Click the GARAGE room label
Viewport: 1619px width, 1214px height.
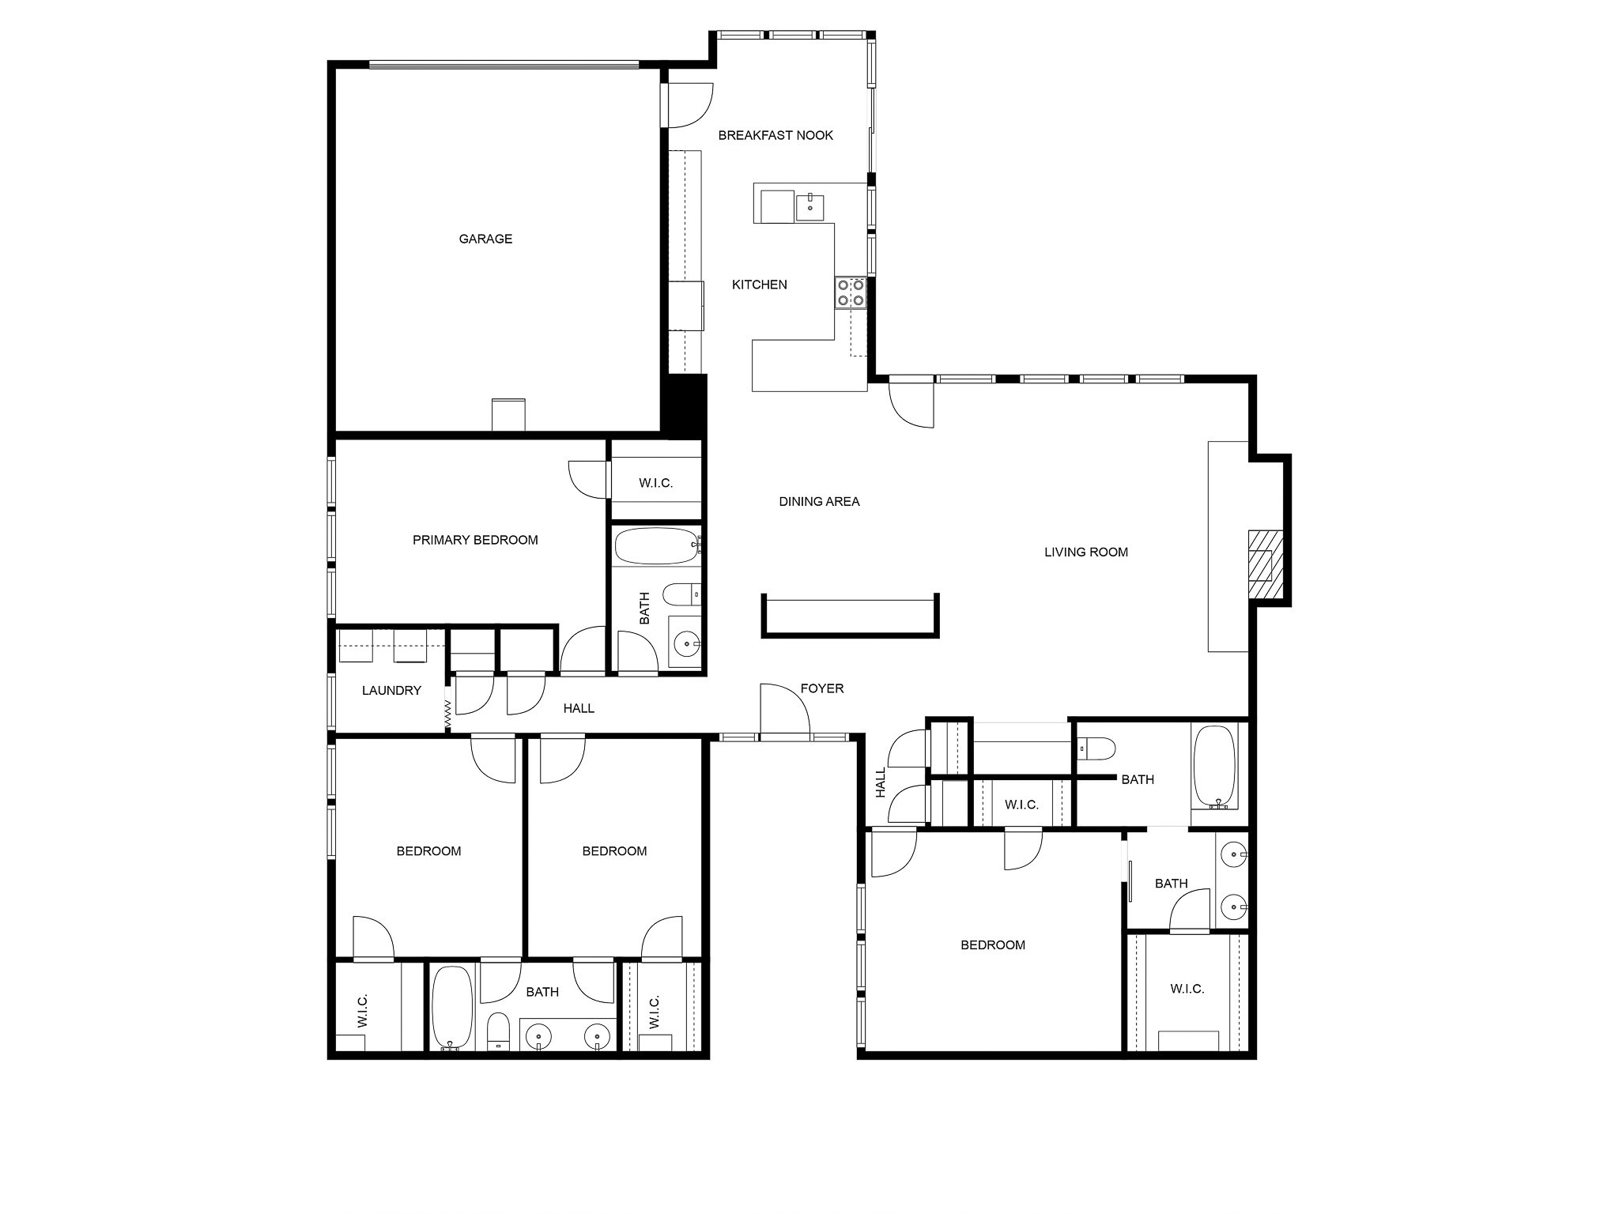(x=485, y=239)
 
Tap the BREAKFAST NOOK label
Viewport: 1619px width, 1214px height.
(x=776, y=135)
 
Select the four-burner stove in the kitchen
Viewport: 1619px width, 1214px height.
(x=851, y=292)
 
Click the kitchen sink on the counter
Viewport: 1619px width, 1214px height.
(x=810, y=207)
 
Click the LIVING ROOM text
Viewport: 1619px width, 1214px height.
(x=1085, y=552)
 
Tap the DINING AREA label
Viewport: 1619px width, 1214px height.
(x=819, y=501)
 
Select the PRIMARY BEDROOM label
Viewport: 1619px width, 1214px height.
(x=475, y=540)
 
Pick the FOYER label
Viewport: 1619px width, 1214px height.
(x=821, y=688)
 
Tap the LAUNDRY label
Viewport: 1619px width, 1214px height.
(x=391, y=690)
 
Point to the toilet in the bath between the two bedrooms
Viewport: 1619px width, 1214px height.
(x=498, y=1032)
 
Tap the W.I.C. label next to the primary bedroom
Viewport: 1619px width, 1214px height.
(x=655, y=483)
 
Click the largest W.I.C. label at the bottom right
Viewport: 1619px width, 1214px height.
(x=1187, y=989)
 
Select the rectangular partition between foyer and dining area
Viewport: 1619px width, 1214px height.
(x=850, y=617)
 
